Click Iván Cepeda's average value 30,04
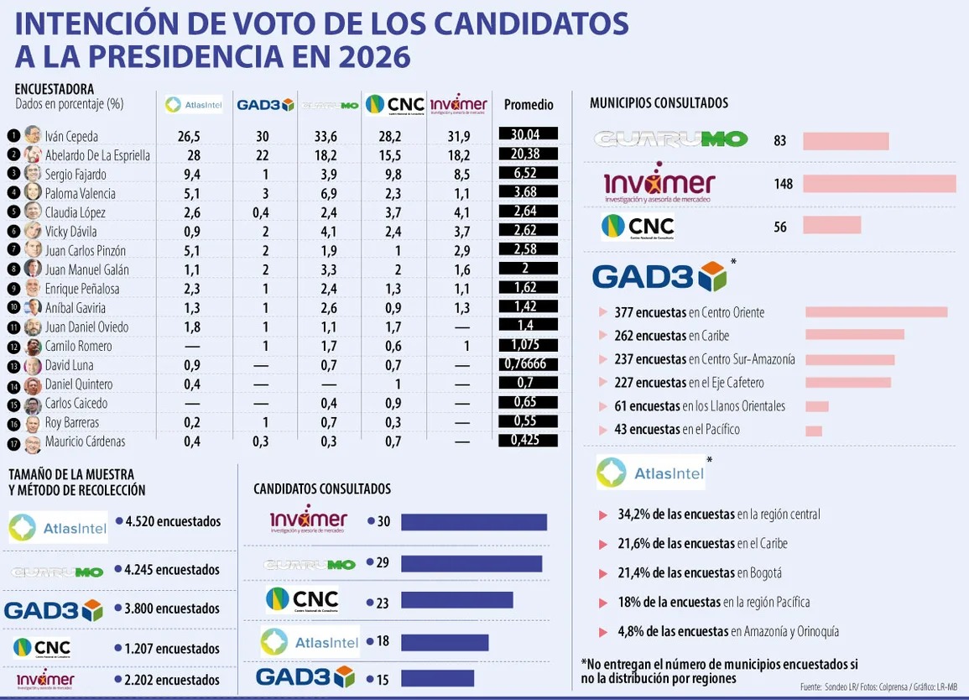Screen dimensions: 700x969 (x=528, y=135)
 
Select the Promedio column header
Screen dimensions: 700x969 (x=529, y=105)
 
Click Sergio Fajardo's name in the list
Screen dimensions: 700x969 (x=76, y=175)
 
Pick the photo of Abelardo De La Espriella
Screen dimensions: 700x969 (x=33, y=154)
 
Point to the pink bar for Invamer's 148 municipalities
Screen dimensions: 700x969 (x=878, y=183)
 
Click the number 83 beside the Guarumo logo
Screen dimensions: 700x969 (x=780, y=141)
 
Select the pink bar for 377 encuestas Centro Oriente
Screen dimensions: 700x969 (x=876, y=312)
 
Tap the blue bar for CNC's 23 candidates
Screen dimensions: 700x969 (x=456, y=600)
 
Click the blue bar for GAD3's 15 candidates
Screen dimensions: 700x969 (x=437, y=678)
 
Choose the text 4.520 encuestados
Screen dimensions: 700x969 (x=172, y=521)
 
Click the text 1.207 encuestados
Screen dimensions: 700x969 (x=171, y=648)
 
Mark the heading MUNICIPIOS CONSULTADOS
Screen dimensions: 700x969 (x=659, y=103)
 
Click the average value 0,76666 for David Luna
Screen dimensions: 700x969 (x=528, y=364)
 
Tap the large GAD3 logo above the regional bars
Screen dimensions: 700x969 (x=659, y=276)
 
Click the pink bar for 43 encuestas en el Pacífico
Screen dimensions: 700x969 (x=813, y=431)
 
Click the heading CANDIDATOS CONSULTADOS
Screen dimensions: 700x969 (x=322, y=488)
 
